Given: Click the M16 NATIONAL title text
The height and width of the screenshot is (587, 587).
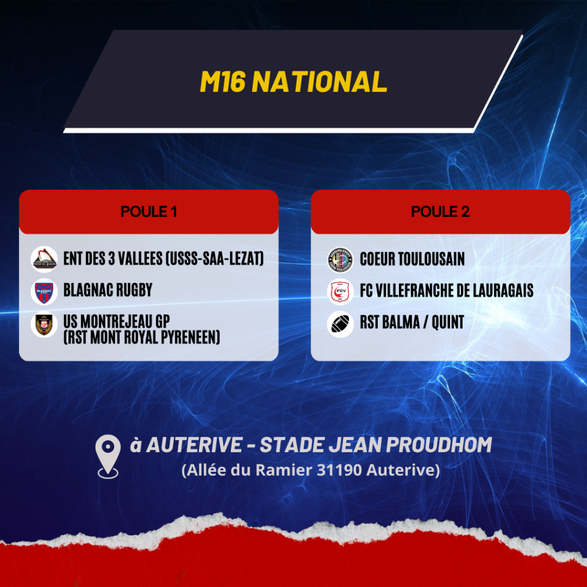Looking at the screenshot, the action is [293, 81].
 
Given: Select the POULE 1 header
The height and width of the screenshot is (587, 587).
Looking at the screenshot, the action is [148, 212].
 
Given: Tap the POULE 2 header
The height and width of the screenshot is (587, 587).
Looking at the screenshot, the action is [440, 212].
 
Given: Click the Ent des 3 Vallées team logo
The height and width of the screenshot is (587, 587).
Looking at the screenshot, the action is [44, 259].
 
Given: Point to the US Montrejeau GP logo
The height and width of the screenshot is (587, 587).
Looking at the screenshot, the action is [44, 324].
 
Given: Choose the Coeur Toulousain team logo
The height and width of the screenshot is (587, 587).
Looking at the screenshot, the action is [340, 260].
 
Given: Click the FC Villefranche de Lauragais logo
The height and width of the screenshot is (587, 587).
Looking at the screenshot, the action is [340, 292].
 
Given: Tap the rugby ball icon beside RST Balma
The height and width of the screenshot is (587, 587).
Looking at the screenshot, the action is [340, 324].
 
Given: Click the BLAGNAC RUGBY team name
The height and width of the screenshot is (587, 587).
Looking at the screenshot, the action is [108, 289].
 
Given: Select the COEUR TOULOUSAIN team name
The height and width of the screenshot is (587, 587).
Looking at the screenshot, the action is [412, 259].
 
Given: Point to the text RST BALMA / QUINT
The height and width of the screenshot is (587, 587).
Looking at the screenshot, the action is [412, 322].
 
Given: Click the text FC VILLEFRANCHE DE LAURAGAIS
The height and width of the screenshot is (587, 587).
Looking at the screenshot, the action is [447, 291].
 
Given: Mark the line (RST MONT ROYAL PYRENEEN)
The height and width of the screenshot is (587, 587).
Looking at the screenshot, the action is [142, 337].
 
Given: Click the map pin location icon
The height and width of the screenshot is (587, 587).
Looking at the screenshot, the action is [108, 456].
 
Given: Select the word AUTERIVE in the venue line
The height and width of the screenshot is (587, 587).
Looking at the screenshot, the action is [194, 445].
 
